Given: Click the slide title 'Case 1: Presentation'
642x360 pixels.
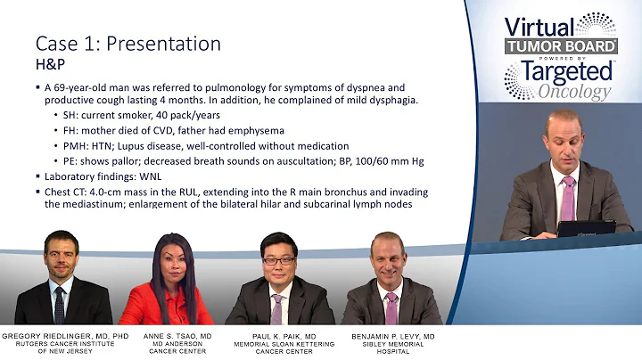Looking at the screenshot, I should click(x=128, y=43).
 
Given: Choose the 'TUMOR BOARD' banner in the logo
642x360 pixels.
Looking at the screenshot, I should click(x=561, y=46).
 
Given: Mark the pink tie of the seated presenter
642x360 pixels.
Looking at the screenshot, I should click(x=568, y=197).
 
